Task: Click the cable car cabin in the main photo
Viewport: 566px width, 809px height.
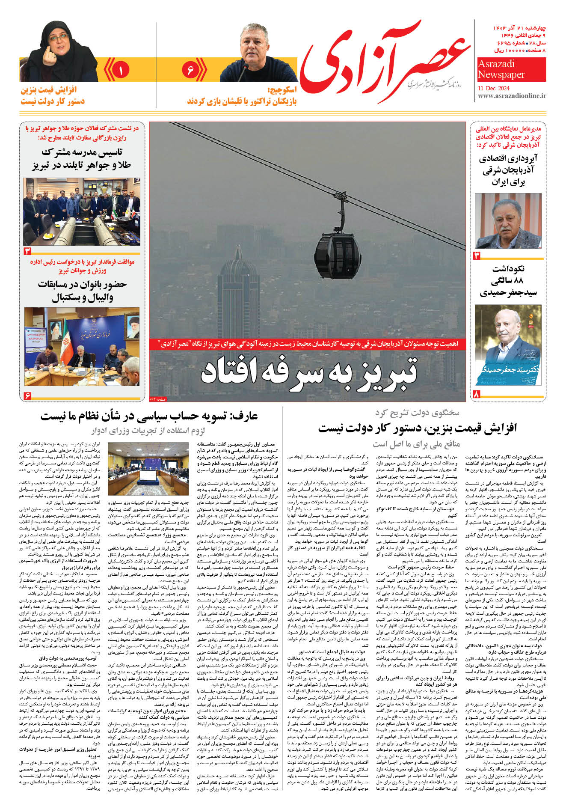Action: click(x=338, y=254)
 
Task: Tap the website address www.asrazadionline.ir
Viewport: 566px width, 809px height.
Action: click(x=512, y=96)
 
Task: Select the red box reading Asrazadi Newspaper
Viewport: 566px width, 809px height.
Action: click(x=511, y=69)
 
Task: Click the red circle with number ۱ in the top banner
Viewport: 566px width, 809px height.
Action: click(x=121, y=70)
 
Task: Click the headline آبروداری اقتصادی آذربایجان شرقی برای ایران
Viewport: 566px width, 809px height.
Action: click(x=508, y=170)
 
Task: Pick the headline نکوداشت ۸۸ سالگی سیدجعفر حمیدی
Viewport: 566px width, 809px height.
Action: click(x=508, y=281)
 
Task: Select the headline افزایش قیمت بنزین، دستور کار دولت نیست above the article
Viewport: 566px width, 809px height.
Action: click(x=417, y=428)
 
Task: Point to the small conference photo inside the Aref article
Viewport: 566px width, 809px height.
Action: click(x=148, y=470)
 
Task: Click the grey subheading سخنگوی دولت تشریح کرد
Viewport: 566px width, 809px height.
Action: click(x=417, y=413)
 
